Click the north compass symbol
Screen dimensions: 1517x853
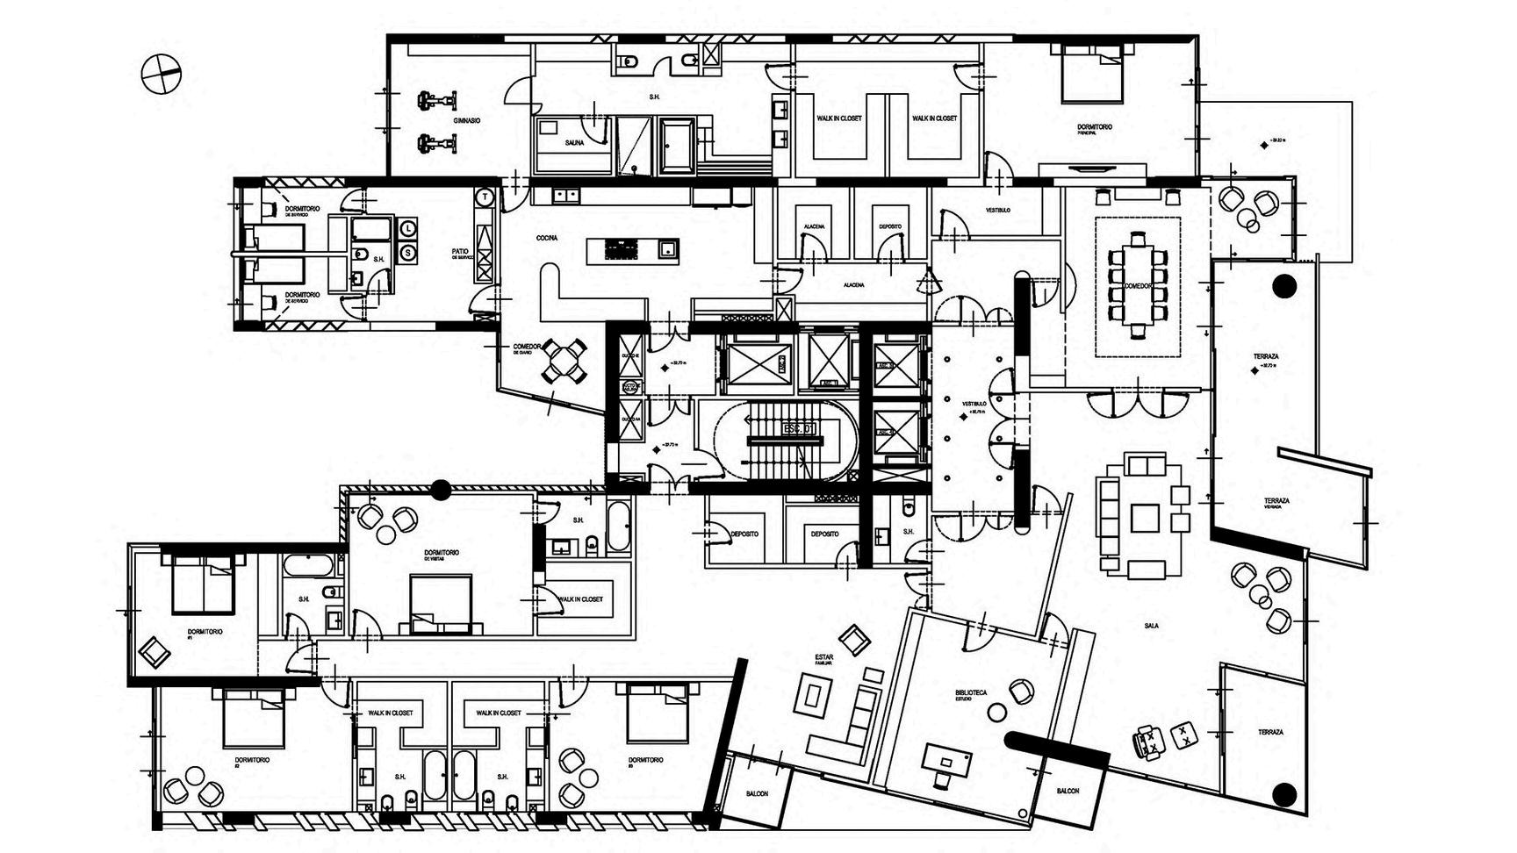point(161,73)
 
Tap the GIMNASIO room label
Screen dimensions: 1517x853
point(466,119)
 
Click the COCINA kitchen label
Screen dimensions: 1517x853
point(548,238)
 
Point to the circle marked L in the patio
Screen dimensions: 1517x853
point(408,229)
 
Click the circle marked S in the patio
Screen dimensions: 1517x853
point(408,254)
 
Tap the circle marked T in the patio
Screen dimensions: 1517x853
point(485,197)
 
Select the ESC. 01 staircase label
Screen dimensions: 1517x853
point(798,429)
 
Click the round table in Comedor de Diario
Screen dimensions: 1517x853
point(564,360)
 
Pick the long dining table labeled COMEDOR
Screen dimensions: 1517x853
point(1138,284)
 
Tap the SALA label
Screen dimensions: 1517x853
point(1151,626)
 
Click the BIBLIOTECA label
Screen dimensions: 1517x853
point(971,693)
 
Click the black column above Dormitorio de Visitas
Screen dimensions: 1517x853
point(440,490)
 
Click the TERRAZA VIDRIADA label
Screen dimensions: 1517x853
point(1276,502)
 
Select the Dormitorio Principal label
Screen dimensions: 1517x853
point(1094,128)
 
